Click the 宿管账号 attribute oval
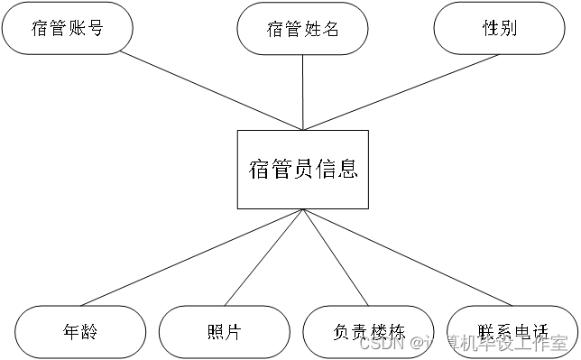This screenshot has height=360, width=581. (x=68, y=28)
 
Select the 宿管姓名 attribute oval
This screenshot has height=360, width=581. (x=303, y=29)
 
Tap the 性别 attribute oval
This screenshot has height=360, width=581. (x=499, y=28)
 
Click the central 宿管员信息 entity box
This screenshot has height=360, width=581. (x=303, y=169)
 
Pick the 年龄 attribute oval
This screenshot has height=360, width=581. (x=80, y=331)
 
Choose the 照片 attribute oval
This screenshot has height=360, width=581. (x=224, y=331)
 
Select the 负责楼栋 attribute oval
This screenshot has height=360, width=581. (x=368, y=331)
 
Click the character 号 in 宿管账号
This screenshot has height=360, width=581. (x=95, y=28)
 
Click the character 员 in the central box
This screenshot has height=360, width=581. (x=303, y=169)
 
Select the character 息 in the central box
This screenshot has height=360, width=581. (x=347, y=169)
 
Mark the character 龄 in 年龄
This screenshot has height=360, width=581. (x=88, y=331)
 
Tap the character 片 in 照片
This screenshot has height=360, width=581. (x=233, y=331)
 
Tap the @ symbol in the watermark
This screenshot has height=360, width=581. (x=417, y=343)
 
